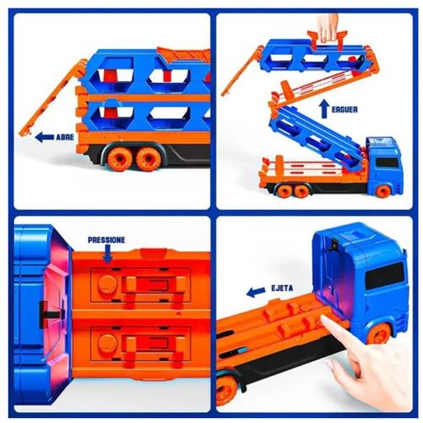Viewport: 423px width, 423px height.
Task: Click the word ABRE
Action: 65,137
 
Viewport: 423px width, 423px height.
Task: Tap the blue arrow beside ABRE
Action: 44,137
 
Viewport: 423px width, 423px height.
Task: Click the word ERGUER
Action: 344,109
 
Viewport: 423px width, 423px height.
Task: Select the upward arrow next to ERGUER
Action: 324,108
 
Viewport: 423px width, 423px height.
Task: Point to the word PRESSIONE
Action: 107,240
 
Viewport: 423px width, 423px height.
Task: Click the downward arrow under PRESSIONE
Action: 107,254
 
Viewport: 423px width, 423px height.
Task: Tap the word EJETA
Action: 282,288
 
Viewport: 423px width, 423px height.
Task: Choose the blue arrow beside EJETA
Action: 256,292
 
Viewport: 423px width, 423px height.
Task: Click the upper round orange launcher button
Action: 107,284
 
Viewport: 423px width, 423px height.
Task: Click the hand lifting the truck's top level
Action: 327,28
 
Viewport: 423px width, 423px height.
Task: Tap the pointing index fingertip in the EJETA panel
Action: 325,320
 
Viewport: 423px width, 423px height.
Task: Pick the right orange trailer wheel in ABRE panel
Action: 148,159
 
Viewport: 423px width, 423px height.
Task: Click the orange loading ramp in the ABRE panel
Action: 53,97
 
